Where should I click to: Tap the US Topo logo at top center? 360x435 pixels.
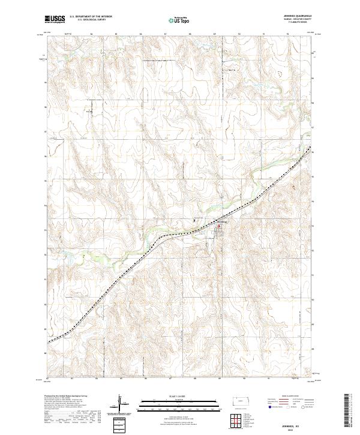click(x=179, y=20)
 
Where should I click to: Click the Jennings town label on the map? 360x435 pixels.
click(x=220, y=223)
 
